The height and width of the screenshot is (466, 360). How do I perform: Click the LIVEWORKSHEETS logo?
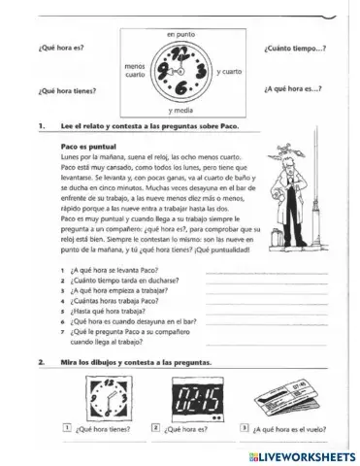click(x=305, y=455)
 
